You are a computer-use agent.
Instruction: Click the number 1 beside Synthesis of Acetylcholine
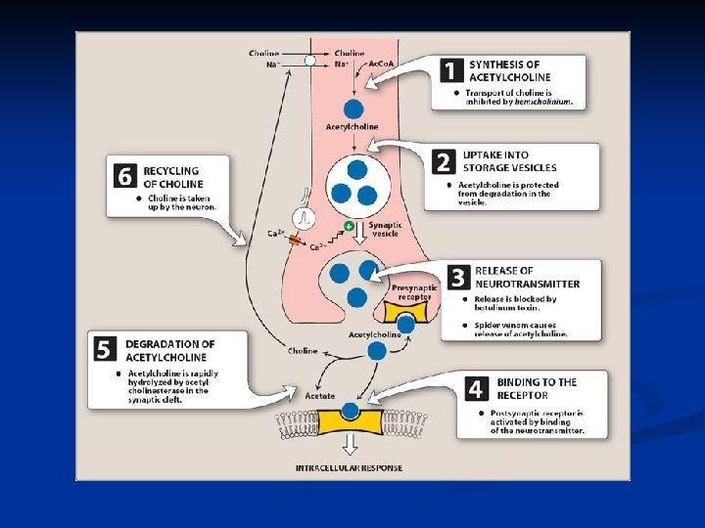tap(450, 71)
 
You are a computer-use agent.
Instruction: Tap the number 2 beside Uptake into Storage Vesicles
tap(444, 161)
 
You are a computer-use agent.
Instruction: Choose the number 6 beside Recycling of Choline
tap(124, 176)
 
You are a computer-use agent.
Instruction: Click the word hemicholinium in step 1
tap(542, 102)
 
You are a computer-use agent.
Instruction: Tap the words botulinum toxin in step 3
tap(516, 308)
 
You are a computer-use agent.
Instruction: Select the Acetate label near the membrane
tap(319, 395)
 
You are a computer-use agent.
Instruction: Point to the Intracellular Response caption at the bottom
tap(349, 468)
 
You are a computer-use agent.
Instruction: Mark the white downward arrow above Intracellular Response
tap(349, 447)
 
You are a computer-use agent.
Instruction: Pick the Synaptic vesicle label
tap(385, 229)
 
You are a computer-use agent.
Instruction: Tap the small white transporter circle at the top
tap(310, 60)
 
